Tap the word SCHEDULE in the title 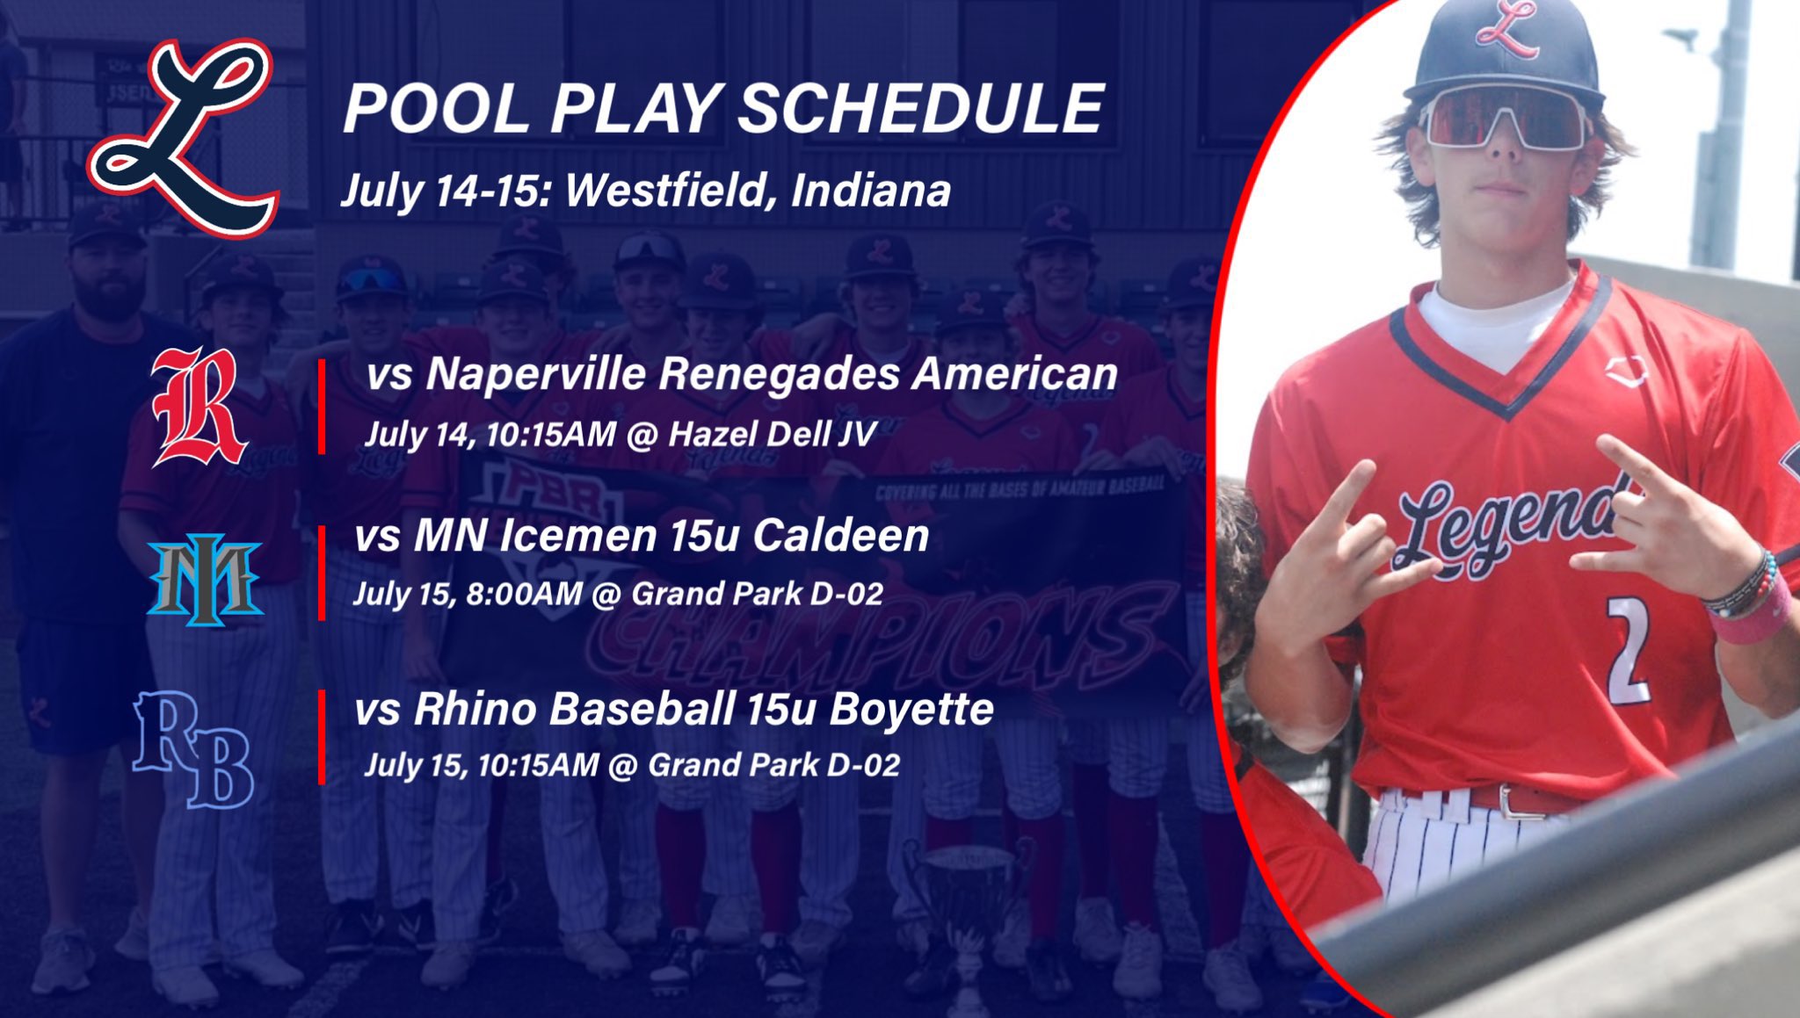coord(920,109)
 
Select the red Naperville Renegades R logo coord(197,407)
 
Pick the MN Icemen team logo coord(205,579)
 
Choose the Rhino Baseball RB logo coord(193,748)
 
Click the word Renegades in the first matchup coord(780,373)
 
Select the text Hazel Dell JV coord(772,434)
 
